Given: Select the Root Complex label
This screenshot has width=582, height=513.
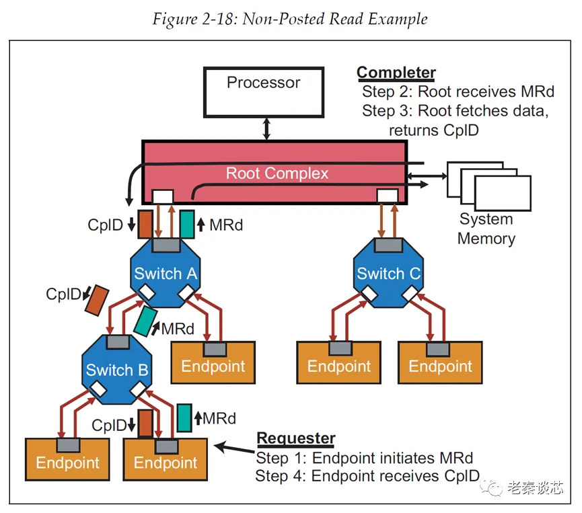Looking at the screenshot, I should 277,173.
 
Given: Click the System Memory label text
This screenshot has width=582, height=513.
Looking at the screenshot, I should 486,229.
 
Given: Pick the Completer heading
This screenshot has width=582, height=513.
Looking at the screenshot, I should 396,73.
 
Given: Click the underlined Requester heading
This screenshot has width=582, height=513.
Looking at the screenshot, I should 295,439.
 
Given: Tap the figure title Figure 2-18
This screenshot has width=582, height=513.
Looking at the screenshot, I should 290,18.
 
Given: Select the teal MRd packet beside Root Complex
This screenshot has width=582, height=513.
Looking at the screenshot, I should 187,224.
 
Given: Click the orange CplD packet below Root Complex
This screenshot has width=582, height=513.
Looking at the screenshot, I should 145,224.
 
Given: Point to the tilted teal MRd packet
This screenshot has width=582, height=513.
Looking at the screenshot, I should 145,321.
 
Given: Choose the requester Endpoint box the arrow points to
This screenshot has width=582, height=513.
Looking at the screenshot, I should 166,460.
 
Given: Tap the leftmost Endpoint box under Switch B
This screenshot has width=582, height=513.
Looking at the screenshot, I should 67,460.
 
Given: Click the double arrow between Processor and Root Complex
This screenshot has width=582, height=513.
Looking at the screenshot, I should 267,127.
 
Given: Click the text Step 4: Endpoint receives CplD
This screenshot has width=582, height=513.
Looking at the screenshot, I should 367,477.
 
